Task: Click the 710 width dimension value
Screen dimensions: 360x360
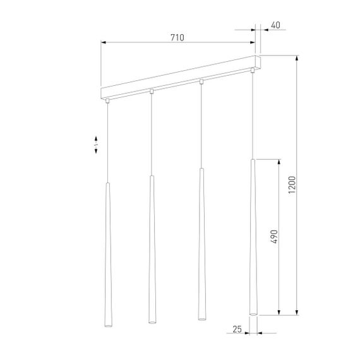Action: [177, 38]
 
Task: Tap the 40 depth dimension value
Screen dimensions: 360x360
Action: [274, 25]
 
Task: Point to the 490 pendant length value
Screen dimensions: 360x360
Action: [274, 236]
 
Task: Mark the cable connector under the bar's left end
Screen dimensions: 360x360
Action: [108, 100]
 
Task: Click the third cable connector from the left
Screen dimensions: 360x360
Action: [201, 81]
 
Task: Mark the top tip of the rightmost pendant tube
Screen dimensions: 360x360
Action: [253, 160]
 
